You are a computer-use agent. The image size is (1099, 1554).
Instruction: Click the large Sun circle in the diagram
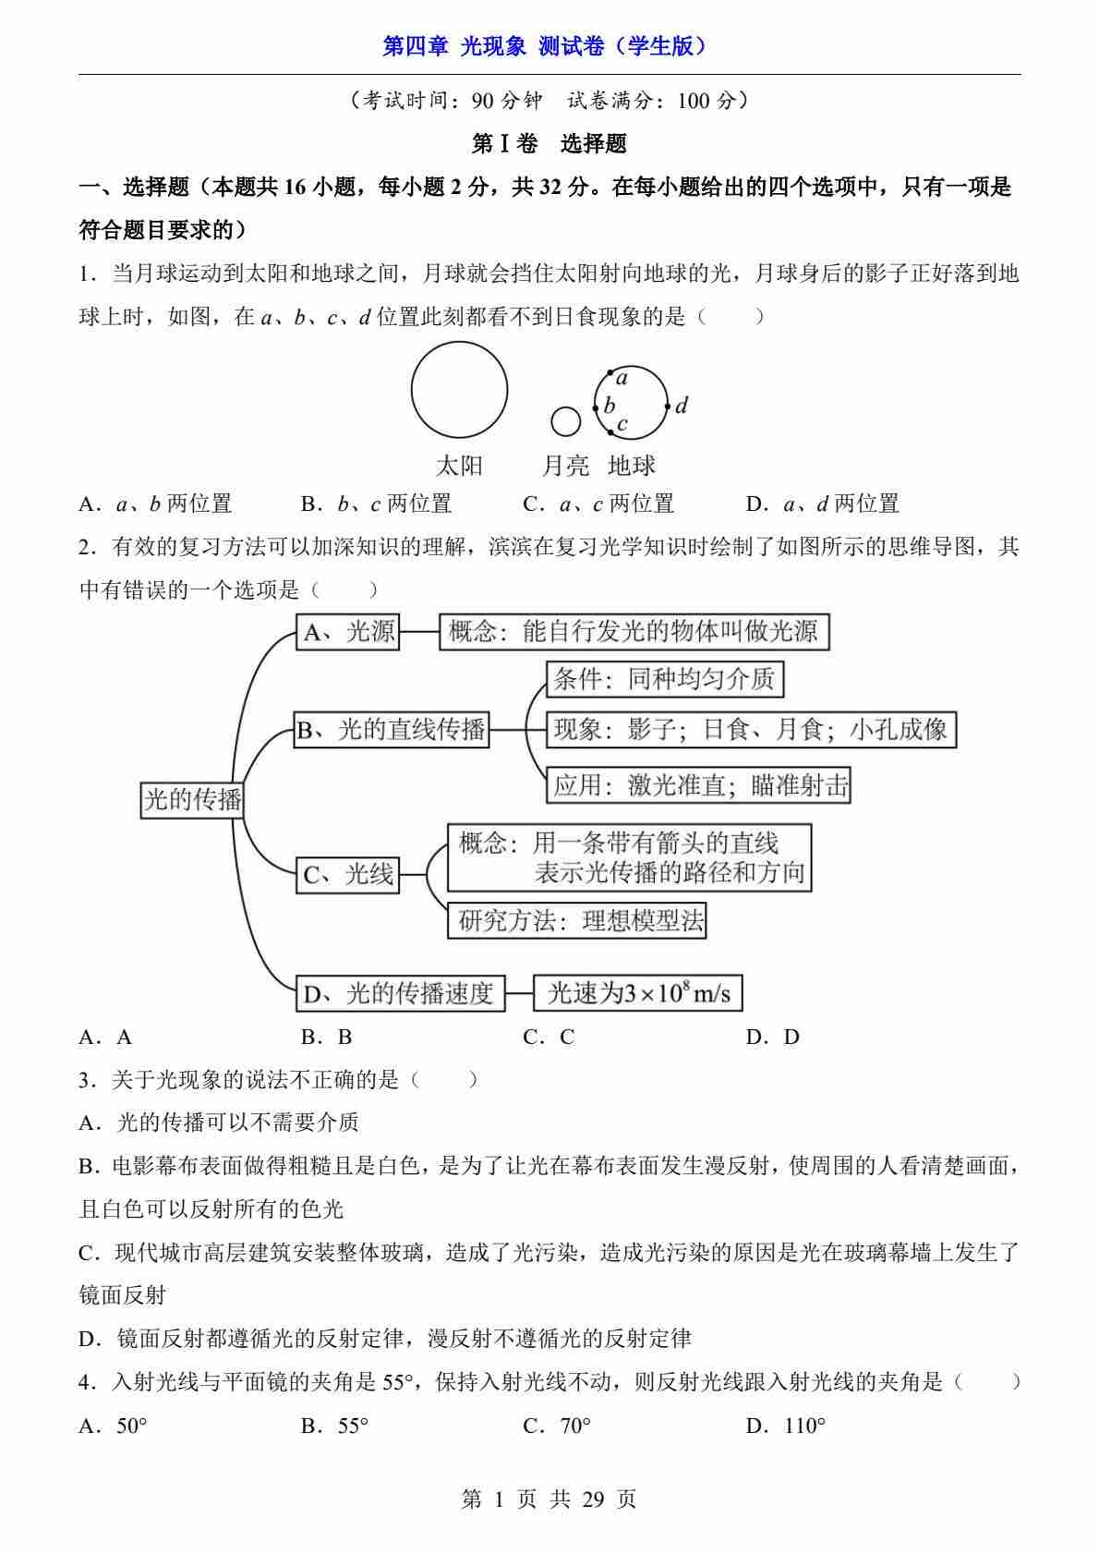(x=459, y=389)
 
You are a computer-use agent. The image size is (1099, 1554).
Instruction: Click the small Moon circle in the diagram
(x=565, y=421)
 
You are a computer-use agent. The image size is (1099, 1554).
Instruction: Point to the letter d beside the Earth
(x=682, y=406)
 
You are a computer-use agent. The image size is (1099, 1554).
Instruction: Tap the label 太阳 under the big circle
(x=459, y=466)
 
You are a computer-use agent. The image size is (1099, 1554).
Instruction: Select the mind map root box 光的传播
(x=192, y=799)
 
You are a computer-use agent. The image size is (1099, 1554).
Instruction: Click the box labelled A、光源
(x=348, y=632)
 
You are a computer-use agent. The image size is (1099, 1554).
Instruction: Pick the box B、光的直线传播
(x=392, y=730)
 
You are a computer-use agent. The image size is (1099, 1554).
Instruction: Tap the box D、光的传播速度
(x=400, y=994)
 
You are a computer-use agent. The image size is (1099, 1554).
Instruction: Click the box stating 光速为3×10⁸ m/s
(x=638, y=994)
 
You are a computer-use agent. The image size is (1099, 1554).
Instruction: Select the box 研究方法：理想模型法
(x=577, y=920)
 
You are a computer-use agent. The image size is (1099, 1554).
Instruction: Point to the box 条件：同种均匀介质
(x=663, y=680)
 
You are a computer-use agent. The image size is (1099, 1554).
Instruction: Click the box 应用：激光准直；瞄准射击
(x=698, y=785)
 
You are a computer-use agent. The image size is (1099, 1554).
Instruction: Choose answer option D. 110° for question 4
(x=786, y=1426)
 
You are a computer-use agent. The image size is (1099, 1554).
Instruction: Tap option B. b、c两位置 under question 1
(x=376, y=504)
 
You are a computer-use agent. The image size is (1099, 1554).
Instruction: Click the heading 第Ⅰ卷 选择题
(x=549, y=143)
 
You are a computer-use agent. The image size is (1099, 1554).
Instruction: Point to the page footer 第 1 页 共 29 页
(x=549, y=1499)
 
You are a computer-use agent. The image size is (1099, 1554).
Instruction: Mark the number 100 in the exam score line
(x=694, y=101)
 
